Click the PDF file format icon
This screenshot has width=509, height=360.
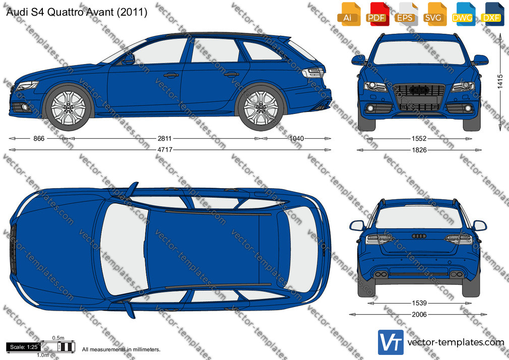(x=377, y=14)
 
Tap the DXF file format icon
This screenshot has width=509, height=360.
(x=491, y=14)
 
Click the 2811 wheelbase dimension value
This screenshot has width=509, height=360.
(x=165, y=139)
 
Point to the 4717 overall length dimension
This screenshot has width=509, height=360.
(x=165, y=150)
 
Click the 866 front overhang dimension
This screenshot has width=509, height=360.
(x=39, y=139)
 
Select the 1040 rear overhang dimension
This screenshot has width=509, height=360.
(x=296, y=139)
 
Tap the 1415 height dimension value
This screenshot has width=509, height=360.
(x=500, y=82)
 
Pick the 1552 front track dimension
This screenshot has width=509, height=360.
(x=419, y=139)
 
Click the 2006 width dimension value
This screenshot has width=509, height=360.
(x=419, y=315)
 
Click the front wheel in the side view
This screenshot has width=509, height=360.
(x=69, y=107)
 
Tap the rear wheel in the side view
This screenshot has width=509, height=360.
(x=261, y=107)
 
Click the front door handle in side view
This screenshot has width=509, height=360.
(x=171, y=76)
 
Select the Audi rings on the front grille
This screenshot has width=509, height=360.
(x=419, y=90)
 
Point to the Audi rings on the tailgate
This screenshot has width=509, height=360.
(x=419, y=236)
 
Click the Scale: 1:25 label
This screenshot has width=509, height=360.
(x=24, y=347)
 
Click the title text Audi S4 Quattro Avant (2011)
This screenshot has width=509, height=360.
(x=77, y=12)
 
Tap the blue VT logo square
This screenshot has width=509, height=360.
(x=391, y=342)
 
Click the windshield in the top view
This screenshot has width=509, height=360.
(x=124, y=249)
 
